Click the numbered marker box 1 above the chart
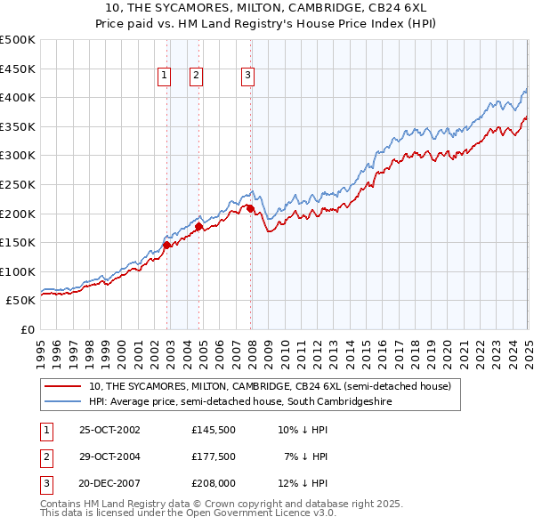click(166, 77)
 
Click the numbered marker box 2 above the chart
click(195, 77)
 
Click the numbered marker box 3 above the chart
click(247, 77)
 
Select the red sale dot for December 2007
click(251, 209)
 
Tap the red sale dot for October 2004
click(199, 226)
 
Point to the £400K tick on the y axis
click(18, 98)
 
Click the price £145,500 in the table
click(213, 429)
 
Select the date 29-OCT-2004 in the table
click(109, 456)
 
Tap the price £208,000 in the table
click(213, 484)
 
